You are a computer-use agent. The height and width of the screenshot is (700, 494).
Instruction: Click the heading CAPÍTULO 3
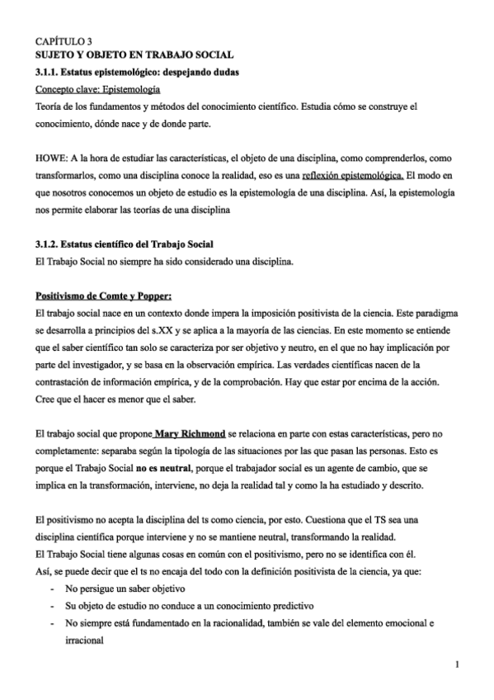(64, 40)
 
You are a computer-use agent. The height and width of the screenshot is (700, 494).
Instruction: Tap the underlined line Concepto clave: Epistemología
(97, 89)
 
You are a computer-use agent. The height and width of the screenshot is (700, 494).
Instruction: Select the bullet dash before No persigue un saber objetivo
(52, 591)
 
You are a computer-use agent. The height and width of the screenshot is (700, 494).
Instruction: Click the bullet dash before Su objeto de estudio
(52, 608)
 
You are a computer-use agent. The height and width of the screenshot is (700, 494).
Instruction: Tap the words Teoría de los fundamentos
(89, 106)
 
